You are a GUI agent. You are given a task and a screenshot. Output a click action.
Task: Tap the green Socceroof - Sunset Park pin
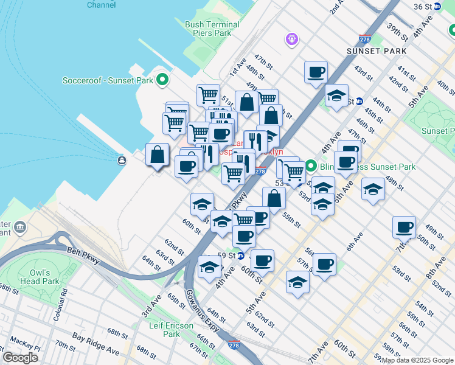coord(162,80)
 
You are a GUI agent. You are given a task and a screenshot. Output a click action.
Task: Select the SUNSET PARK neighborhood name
coord(377,51)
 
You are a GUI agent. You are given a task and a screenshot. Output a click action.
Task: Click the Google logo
coord(21,358)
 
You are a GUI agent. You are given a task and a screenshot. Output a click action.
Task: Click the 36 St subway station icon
coord(437,6)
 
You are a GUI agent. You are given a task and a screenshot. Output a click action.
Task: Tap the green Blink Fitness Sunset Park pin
coord(310,166)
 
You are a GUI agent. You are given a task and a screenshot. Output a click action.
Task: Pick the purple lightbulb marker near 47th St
coord(292,40)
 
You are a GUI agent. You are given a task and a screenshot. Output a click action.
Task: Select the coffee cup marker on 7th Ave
coord(404,228)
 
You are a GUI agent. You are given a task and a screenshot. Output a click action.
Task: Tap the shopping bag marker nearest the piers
coord(158,155)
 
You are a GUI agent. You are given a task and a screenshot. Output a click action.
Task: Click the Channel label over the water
coord(102,4)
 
